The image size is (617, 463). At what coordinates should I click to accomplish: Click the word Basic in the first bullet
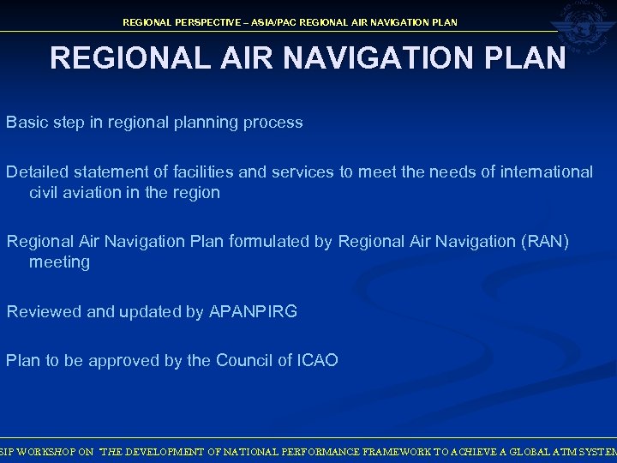(x=25, y=122)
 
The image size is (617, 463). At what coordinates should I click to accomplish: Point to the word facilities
(x=201, y=171)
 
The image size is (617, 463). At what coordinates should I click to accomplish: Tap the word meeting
(x=59, y=262)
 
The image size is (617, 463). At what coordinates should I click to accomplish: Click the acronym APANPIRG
(x=253, y=312)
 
